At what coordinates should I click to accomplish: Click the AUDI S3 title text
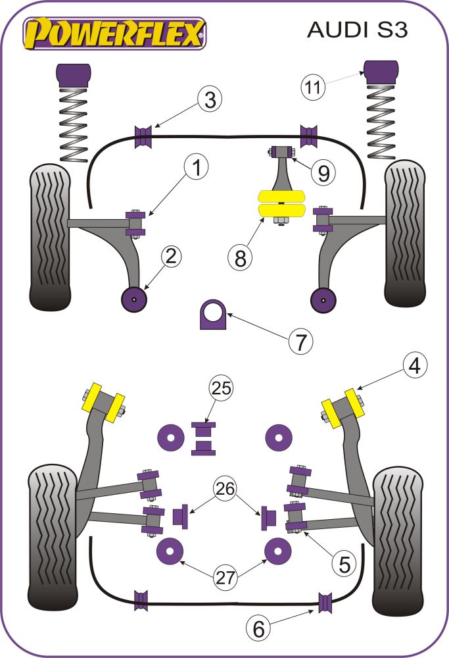(x=358, y=30)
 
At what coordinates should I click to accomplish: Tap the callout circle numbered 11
(x=314, y=86)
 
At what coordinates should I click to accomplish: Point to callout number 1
(x=195, y=169)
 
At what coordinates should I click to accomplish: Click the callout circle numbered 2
(x=170, y=257)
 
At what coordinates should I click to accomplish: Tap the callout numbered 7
(x=300, y=342)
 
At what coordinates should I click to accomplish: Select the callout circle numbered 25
(x=222, y=389)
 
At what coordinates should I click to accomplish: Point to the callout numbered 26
(x=225, y=489)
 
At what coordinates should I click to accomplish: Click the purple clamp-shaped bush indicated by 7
(x=212, y=315)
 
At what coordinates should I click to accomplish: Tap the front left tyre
(x=49, y=237)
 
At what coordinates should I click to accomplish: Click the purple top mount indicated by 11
(x=381, y=72)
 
